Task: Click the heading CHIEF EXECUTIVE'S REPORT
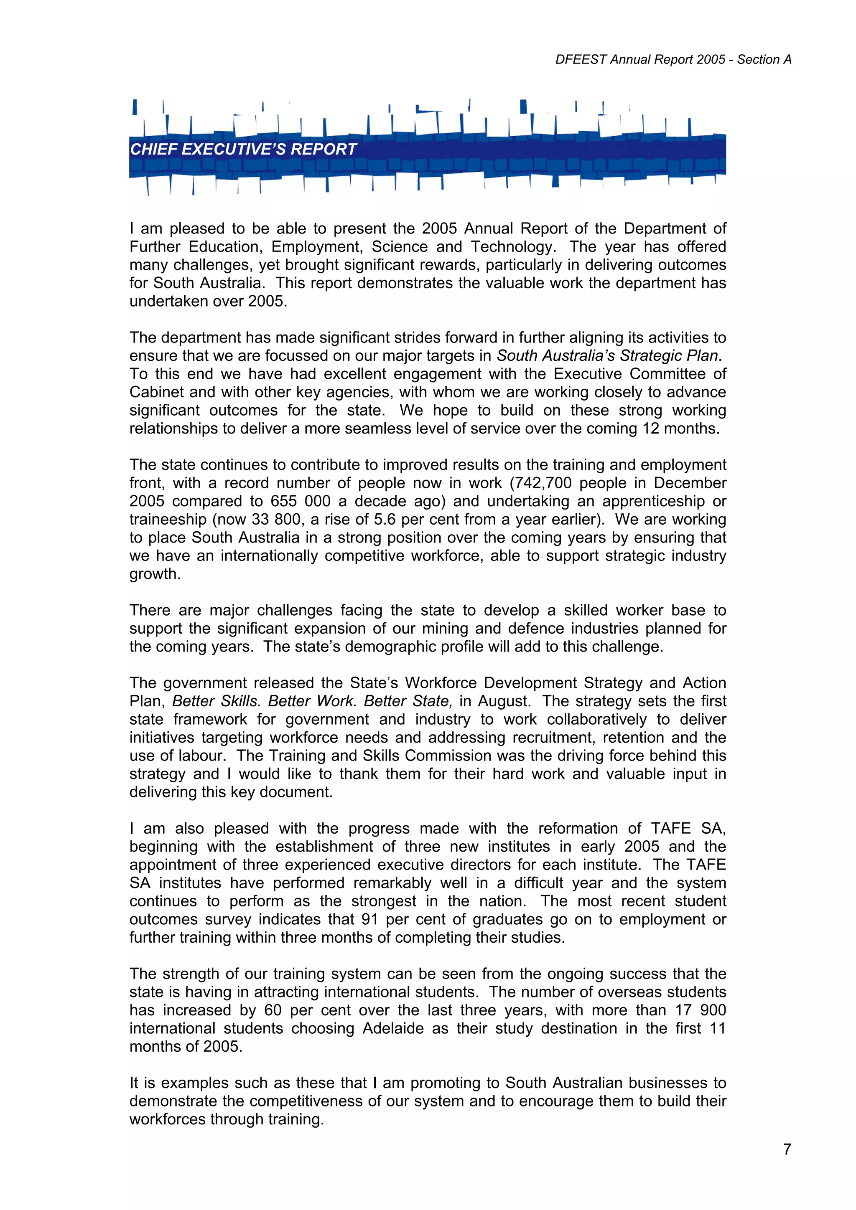(x=243, y=150)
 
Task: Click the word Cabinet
(x=157, y=392)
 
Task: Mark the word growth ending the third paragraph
(x=155, y=574)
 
